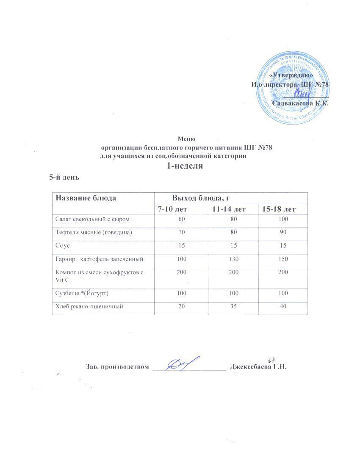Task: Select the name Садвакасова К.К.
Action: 301,103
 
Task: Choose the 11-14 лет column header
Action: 229,209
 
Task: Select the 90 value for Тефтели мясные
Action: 283,232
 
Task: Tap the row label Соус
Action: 63,246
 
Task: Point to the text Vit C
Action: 62,280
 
